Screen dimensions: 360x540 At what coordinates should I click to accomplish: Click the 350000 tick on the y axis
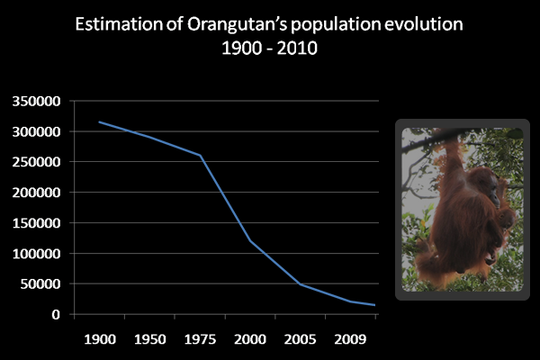pyautogui.click(x=35, y=101)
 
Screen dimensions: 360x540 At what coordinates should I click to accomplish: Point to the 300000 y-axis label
pyautogui.click(x=35, y=131)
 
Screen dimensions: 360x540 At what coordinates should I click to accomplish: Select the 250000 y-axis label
pyautogui.click(x=35, y=162)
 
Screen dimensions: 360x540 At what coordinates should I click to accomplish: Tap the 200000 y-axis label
pyautogui.click(x=35, y=193)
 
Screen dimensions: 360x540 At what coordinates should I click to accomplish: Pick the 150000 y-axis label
pyautogui.click(x=35, y=223)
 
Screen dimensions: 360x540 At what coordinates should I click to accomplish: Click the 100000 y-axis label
pyautogui.click(x=35, y=254)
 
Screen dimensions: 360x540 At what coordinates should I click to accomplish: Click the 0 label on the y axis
pyautogui.click(x=56, y=315)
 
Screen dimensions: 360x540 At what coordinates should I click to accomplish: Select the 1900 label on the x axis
pyautogui.click(x=99, y=341)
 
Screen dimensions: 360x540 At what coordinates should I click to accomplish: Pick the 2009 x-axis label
pyautogui.click(x=351, y=341)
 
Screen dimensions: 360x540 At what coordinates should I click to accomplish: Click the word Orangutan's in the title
pyautogui.click(x=235, y=23)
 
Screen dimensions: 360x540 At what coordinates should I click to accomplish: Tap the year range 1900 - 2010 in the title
pyautogui.click(x=270, y=47)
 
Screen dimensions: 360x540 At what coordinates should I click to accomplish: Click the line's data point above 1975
pyautogui.click(x=200, y=156)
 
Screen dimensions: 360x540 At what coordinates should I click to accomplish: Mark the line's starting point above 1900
pyautogui.click(x=99, y=121)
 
